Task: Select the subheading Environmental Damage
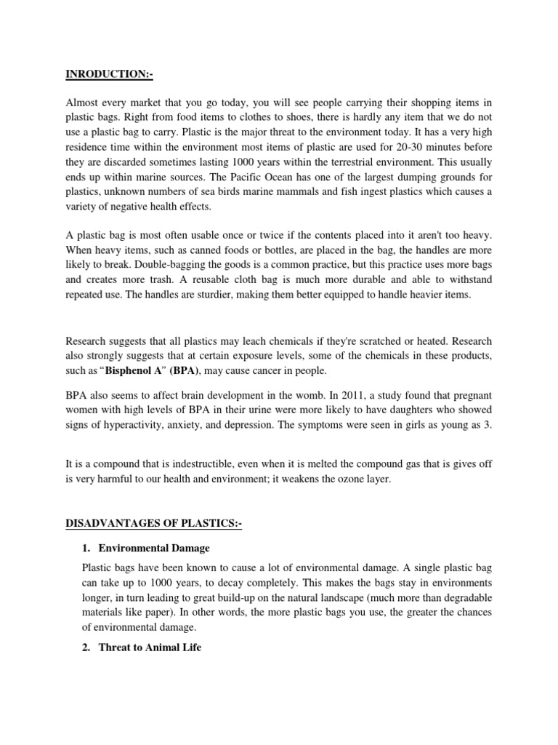point(154,547)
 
